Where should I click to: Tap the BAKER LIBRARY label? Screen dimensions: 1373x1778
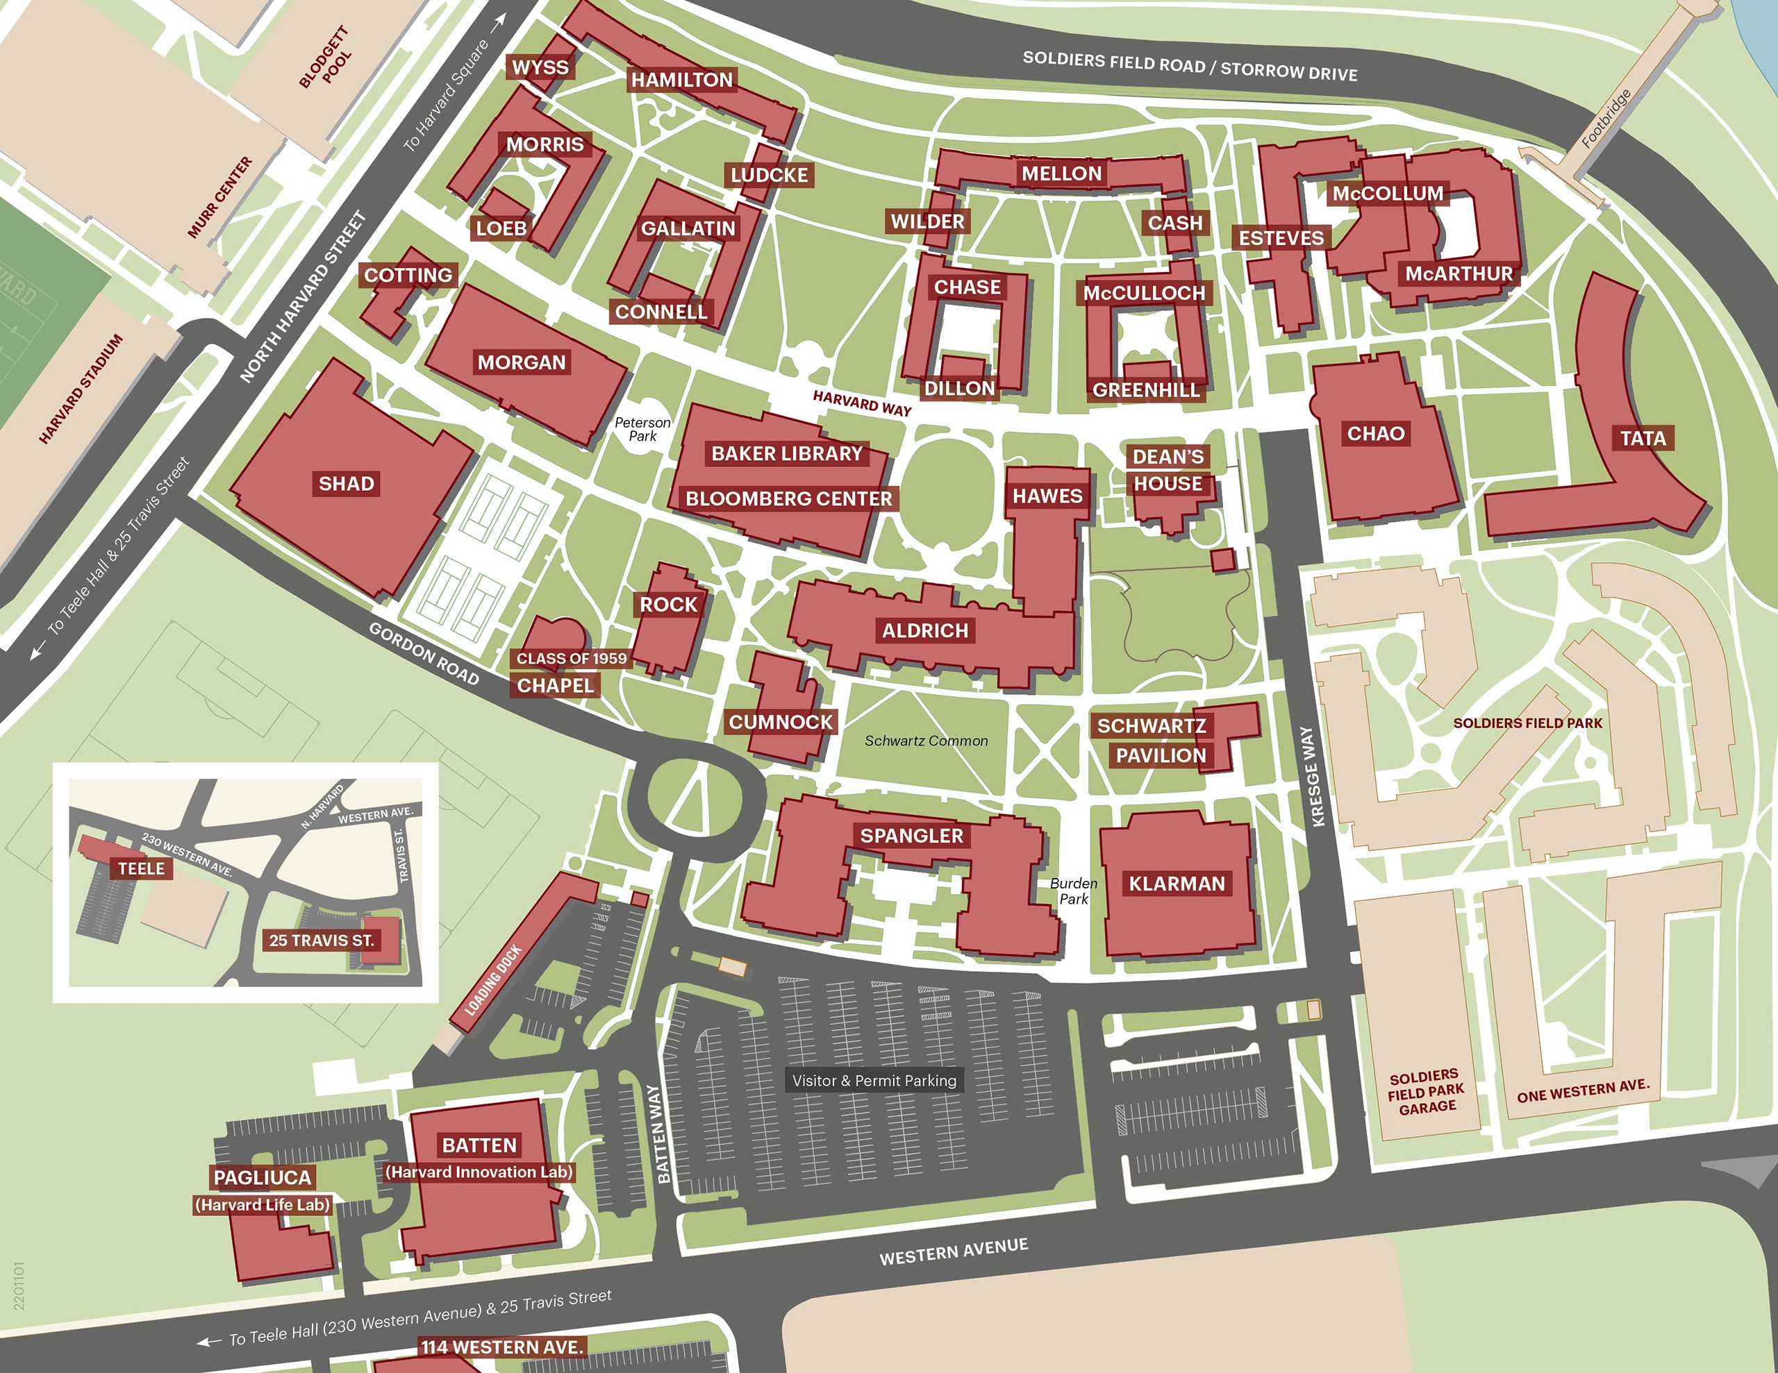point(786,453)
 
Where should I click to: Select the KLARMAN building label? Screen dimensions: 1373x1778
point(1177,884)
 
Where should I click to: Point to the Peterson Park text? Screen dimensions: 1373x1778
point(642,429)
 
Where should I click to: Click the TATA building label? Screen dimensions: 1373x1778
point(1643,439)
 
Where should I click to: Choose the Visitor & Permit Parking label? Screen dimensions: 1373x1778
point(874,1081)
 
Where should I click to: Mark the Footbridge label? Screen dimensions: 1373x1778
point(1606,119)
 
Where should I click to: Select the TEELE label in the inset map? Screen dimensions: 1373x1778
point(142,868)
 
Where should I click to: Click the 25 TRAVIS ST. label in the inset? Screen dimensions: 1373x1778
point(322,940)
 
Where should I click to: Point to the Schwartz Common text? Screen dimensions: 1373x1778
point(926,741)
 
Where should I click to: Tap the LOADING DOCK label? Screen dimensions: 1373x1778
point(492,981)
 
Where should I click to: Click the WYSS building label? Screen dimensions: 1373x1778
point(540,67)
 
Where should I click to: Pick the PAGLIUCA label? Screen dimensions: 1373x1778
point(262,1178)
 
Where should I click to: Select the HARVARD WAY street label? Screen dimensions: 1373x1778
point(862,403)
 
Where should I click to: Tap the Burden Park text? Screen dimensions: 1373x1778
point(1073,891)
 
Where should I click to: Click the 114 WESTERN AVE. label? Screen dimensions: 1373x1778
point(502,1347)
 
